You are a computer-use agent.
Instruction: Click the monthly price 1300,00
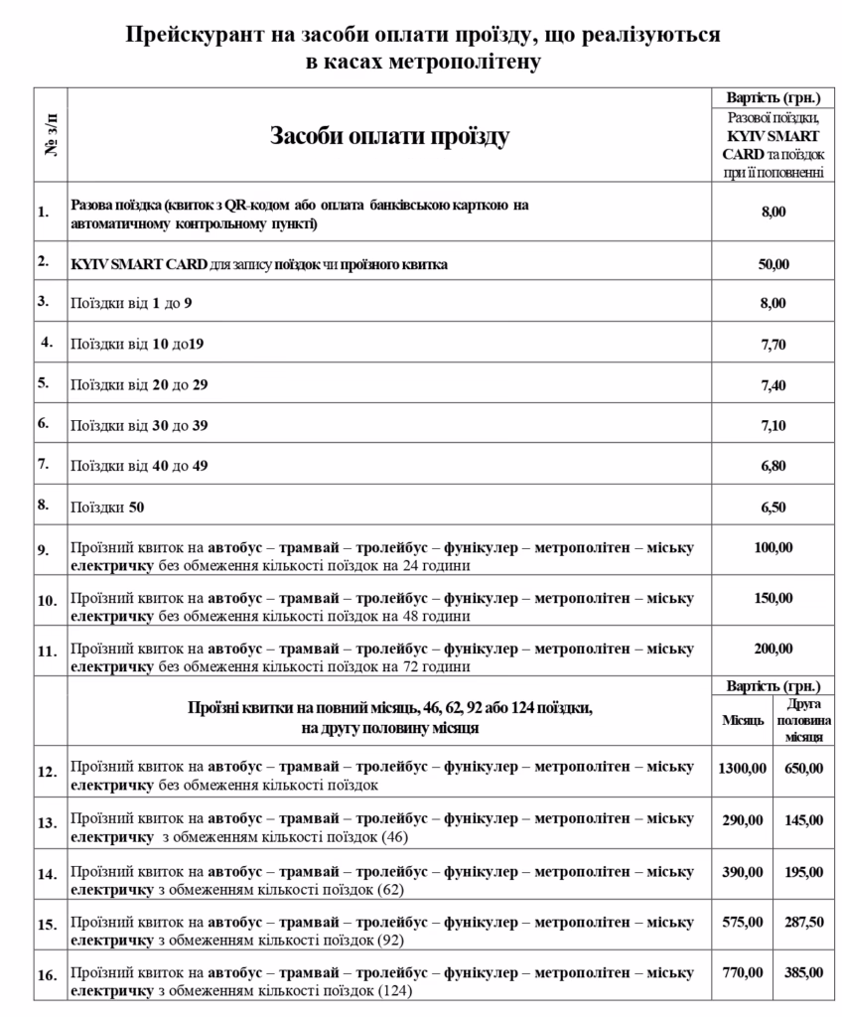[x=742, y=768]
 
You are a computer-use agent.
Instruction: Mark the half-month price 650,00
[x=803, y=768]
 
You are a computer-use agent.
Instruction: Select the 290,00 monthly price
[x=742, y=819]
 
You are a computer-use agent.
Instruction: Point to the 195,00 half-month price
[x=803, y=871]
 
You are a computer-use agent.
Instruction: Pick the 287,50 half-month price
[x=803, y=922]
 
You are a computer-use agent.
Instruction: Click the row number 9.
[x=43, y=549]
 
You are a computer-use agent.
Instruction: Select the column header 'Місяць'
[x=742, y=719]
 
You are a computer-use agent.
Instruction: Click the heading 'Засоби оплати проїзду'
[x=389, y=136]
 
